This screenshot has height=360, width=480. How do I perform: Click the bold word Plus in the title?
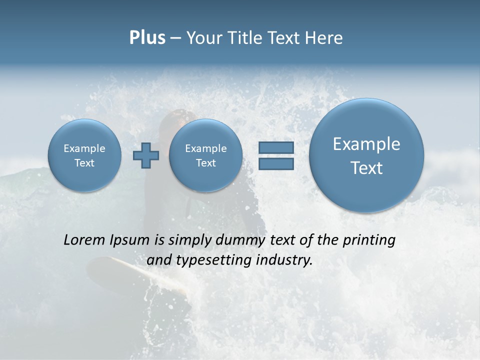click(147, 38)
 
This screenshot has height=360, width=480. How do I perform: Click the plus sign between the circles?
click(145, 155)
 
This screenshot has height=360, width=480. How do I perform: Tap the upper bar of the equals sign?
click(276, 147)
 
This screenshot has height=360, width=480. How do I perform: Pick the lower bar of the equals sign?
click(276, 164)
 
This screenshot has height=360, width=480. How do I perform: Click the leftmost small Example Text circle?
click(84, 155)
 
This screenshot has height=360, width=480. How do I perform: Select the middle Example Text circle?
click(205, 155)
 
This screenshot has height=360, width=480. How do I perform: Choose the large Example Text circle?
click(366, 155)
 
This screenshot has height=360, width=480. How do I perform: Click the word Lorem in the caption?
click(84, 240)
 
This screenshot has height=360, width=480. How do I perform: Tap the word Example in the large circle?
click(366, 144)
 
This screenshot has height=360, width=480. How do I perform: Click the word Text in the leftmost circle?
click(84, 163)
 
